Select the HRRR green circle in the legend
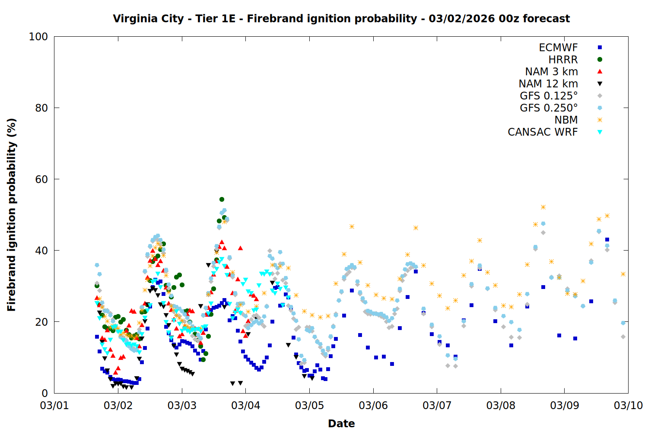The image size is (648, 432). coord(600,60)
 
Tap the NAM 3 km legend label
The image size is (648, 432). coord(551,72)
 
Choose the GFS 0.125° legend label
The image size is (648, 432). coord(549,96)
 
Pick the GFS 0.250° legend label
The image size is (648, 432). coord(549,108)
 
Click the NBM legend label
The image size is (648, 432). coord(566,120)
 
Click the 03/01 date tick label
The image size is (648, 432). coord(54,406)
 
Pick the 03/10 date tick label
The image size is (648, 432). coord(628,406)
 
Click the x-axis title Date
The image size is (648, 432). coord(341,424)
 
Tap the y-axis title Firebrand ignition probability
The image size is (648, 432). coord(12,215)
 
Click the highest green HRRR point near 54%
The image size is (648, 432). coord(222,200)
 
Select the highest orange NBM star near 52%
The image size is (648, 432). coord(543,207)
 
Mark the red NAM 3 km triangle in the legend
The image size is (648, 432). coord(600,72)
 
